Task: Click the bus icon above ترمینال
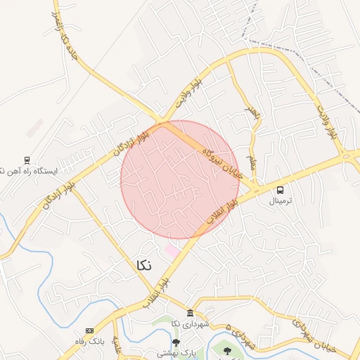pyautogui.click(x=281, y=190)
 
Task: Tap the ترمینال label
pyautogui.click(x=281, y=200)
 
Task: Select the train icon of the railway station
pyautogui.click(x=27, y=160)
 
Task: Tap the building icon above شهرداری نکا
pyautogui.click(x=190, y=313)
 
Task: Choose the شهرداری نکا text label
pyautogui.click(x=190, y=323)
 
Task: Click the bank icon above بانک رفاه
pyautogui.click(x=89, y=330)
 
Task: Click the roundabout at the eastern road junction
pyautogui.click(x=346, y=155)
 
